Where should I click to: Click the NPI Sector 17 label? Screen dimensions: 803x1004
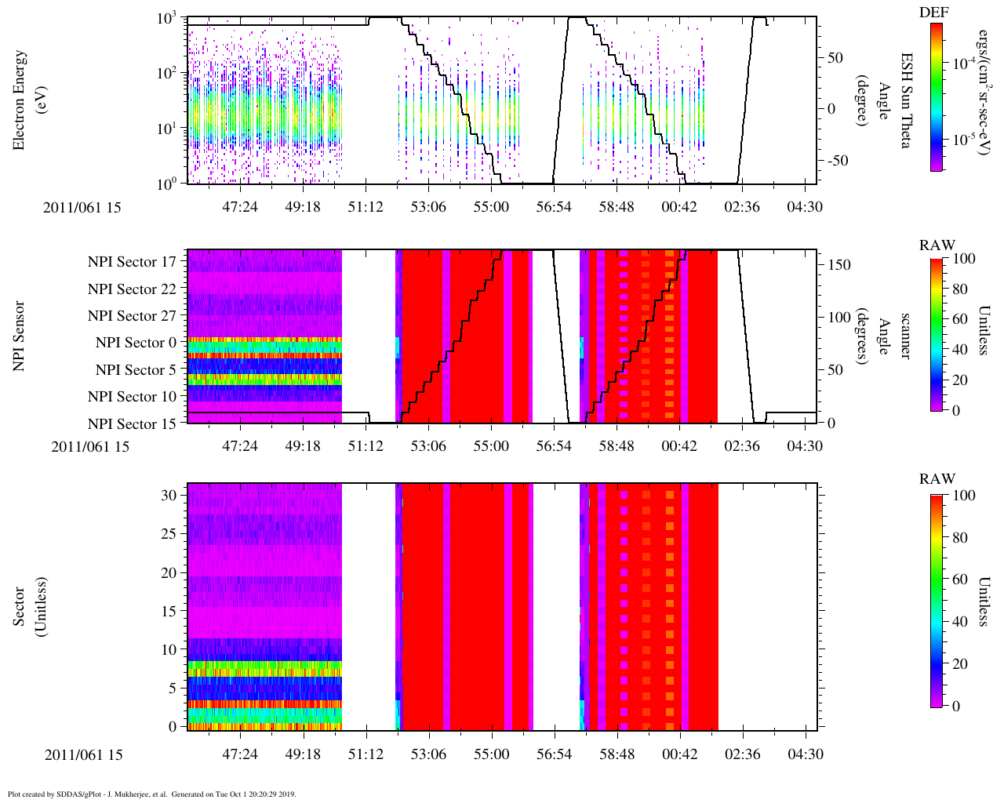[x=132, y=262]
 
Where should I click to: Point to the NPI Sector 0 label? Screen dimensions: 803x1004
[x=136, y=343]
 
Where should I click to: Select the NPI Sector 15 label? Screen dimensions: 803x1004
[x=132, y=424]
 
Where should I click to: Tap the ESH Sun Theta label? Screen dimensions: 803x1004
[x=905, y=100]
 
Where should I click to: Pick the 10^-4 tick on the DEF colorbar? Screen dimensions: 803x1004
[x=964, y=64]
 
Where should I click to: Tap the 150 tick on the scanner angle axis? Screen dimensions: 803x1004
[x=840, y=265]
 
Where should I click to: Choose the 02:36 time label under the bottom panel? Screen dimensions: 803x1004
[x=742, y=754]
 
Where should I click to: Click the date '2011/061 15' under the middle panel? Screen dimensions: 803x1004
[x=90, y=447]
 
